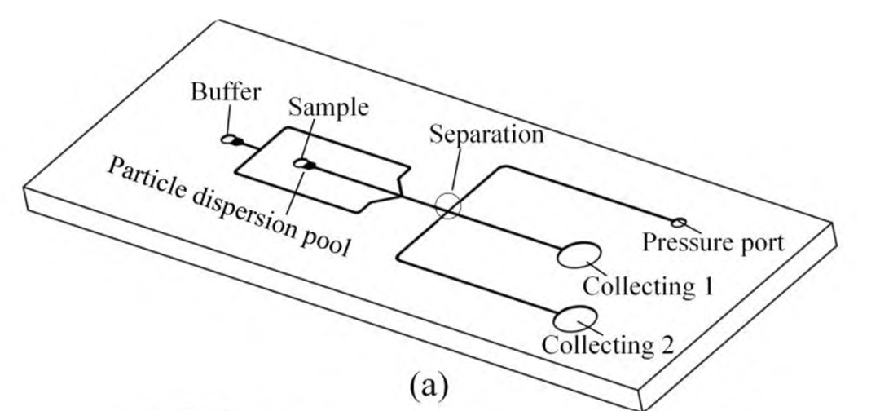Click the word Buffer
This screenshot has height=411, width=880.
coord(226,92)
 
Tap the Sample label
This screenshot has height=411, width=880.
coord(328,108)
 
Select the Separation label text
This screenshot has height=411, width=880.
coord(486,133)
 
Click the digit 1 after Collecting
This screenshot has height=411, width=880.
coord(706,286)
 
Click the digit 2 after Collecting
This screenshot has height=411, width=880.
coord(666,345)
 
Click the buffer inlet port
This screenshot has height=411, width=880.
coord(231,140)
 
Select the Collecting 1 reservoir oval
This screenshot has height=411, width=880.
coord(579,256)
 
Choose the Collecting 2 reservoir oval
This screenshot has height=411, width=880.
coord(575,317)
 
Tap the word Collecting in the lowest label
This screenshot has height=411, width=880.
coord(596,345)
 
